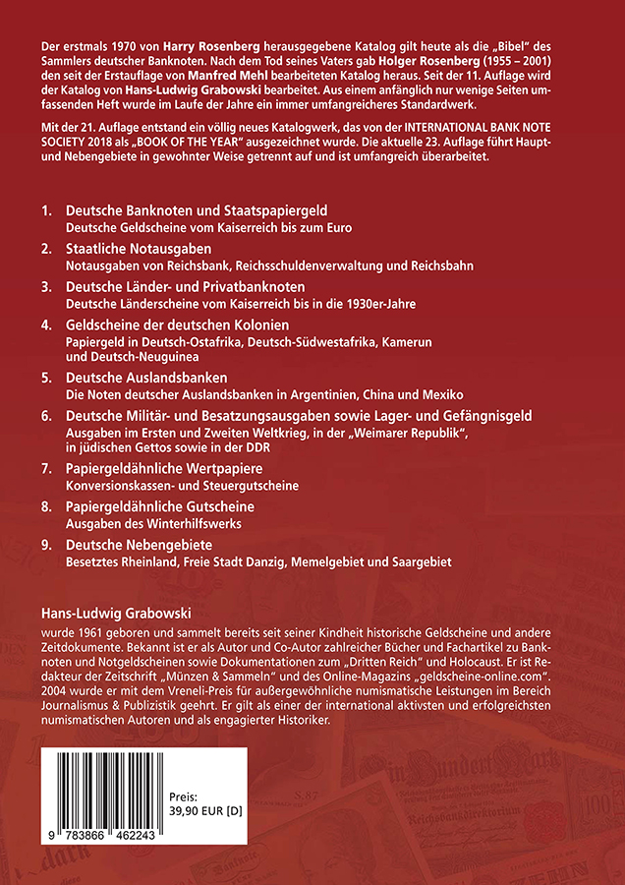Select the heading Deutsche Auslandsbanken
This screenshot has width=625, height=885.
point(146,378)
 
